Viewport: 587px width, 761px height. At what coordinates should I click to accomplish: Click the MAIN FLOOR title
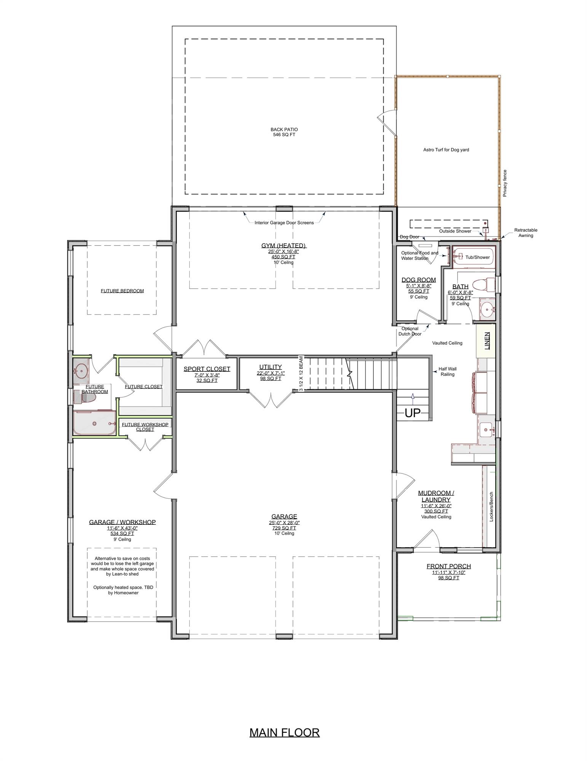[284, 732]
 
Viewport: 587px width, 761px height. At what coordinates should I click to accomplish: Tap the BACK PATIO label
[284, 130]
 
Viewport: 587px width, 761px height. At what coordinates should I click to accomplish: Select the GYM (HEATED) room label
[283, 245]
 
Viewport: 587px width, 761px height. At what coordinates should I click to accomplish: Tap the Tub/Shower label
[477, 257]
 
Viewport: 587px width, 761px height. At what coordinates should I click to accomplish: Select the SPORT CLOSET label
[207, 369]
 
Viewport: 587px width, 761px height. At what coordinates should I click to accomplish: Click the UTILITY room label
[270, 367]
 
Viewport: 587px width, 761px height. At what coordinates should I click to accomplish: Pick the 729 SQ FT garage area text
[284, 528]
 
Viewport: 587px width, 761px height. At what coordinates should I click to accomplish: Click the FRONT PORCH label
[448, 566]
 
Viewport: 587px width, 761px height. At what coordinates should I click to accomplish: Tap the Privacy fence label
[505, 183]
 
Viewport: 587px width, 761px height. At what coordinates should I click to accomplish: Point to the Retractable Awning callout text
[526, 232]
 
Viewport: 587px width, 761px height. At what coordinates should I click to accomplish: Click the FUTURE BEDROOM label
[122, 291]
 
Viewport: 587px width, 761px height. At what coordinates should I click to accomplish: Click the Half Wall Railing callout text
[447, 371]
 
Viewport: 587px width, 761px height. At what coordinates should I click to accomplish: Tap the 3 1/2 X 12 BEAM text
[301, 374]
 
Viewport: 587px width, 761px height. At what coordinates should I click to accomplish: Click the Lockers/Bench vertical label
[491, 506]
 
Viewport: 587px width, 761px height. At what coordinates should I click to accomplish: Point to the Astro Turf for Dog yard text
[446, 150]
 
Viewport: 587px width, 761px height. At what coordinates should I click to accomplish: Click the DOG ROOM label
[418, 280]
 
